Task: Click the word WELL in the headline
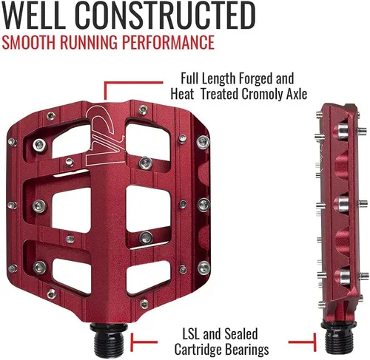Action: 33,16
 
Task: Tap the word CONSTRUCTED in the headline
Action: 165,16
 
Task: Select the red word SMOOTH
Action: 29,42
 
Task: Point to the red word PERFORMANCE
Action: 168,42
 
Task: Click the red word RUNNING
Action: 89,42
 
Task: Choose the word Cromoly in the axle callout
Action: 263,94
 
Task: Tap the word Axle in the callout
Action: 297,94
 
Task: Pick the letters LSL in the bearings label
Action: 191,334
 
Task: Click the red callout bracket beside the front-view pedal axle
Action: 144,342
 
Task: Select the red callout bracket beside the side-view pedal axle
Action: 302,342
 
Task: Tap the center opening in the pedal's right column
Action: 148,209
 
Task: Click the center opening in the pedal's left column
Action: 71,210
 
